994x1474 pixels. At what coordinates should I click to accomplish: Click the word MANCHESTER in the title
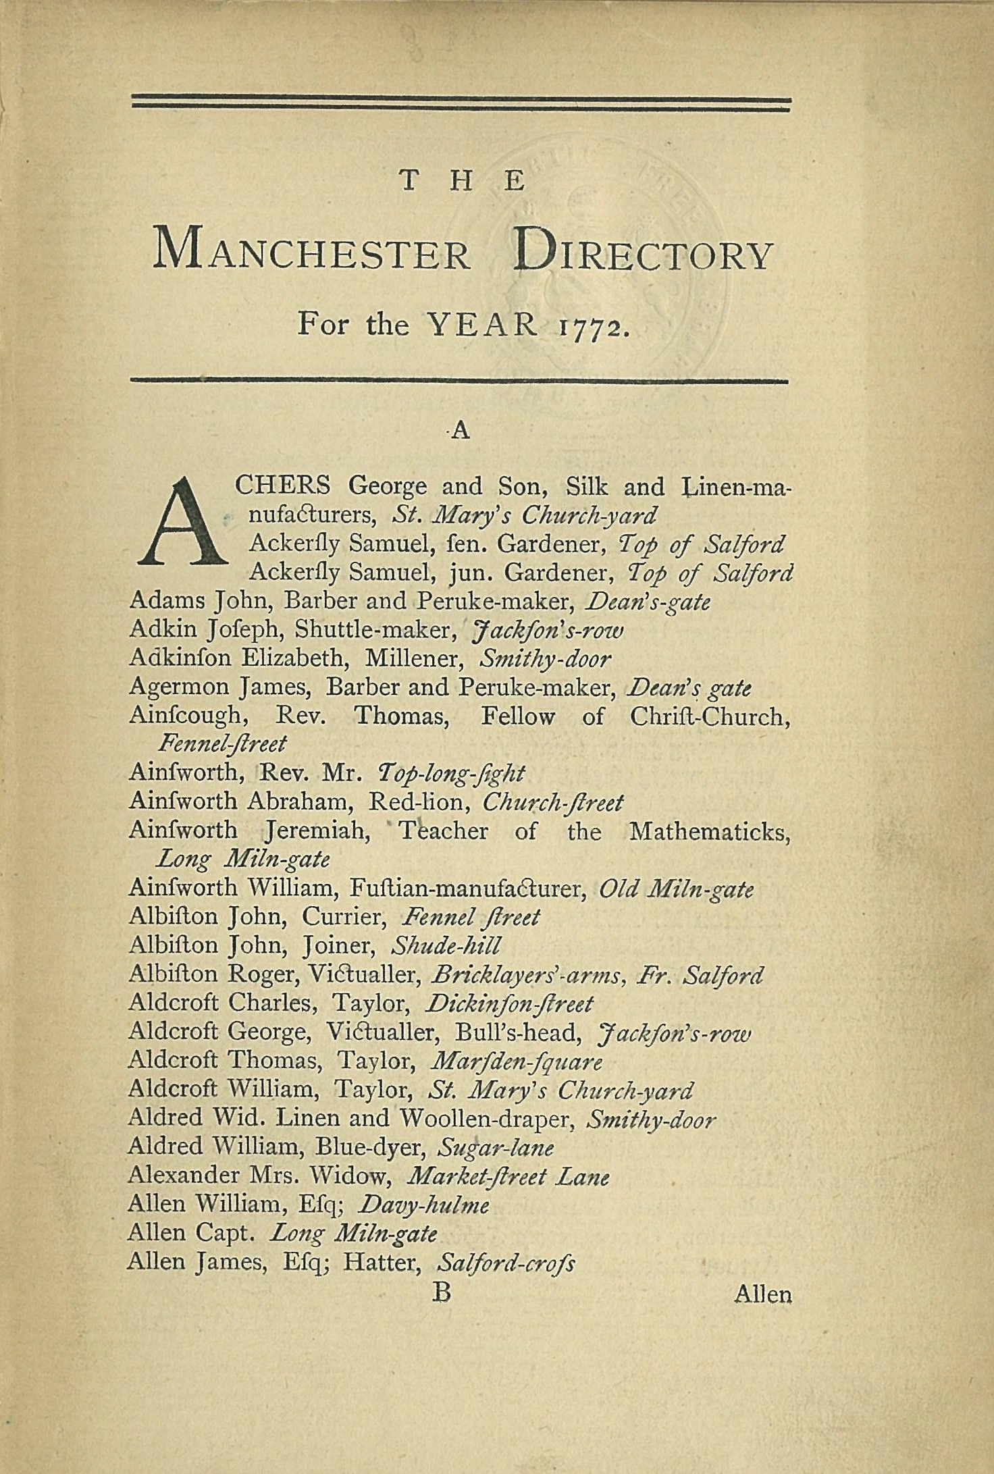tap(311, 253)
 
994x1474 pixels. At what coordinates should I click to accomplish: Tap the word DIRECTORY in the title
tap(642, 253)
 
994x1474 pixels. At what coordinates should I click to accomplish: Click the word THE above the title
tap(462, 181)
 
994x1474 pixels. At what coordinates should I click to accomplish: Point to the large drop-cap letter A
tap(182, 521)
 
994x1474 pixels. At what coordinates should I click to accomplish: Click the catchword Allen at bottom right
tap(762, 1294)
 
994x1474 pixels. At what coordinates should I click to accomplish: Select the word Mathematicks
tap(709, 831)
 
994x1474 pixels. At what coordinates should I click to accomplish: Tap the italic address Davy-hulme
tap(425, 1205)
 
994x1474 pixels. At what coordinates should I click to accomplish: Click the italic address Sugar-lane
tap(496, 1147)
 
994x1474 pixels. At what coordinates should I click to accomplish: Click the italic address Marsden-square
tap(516, 1062)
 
